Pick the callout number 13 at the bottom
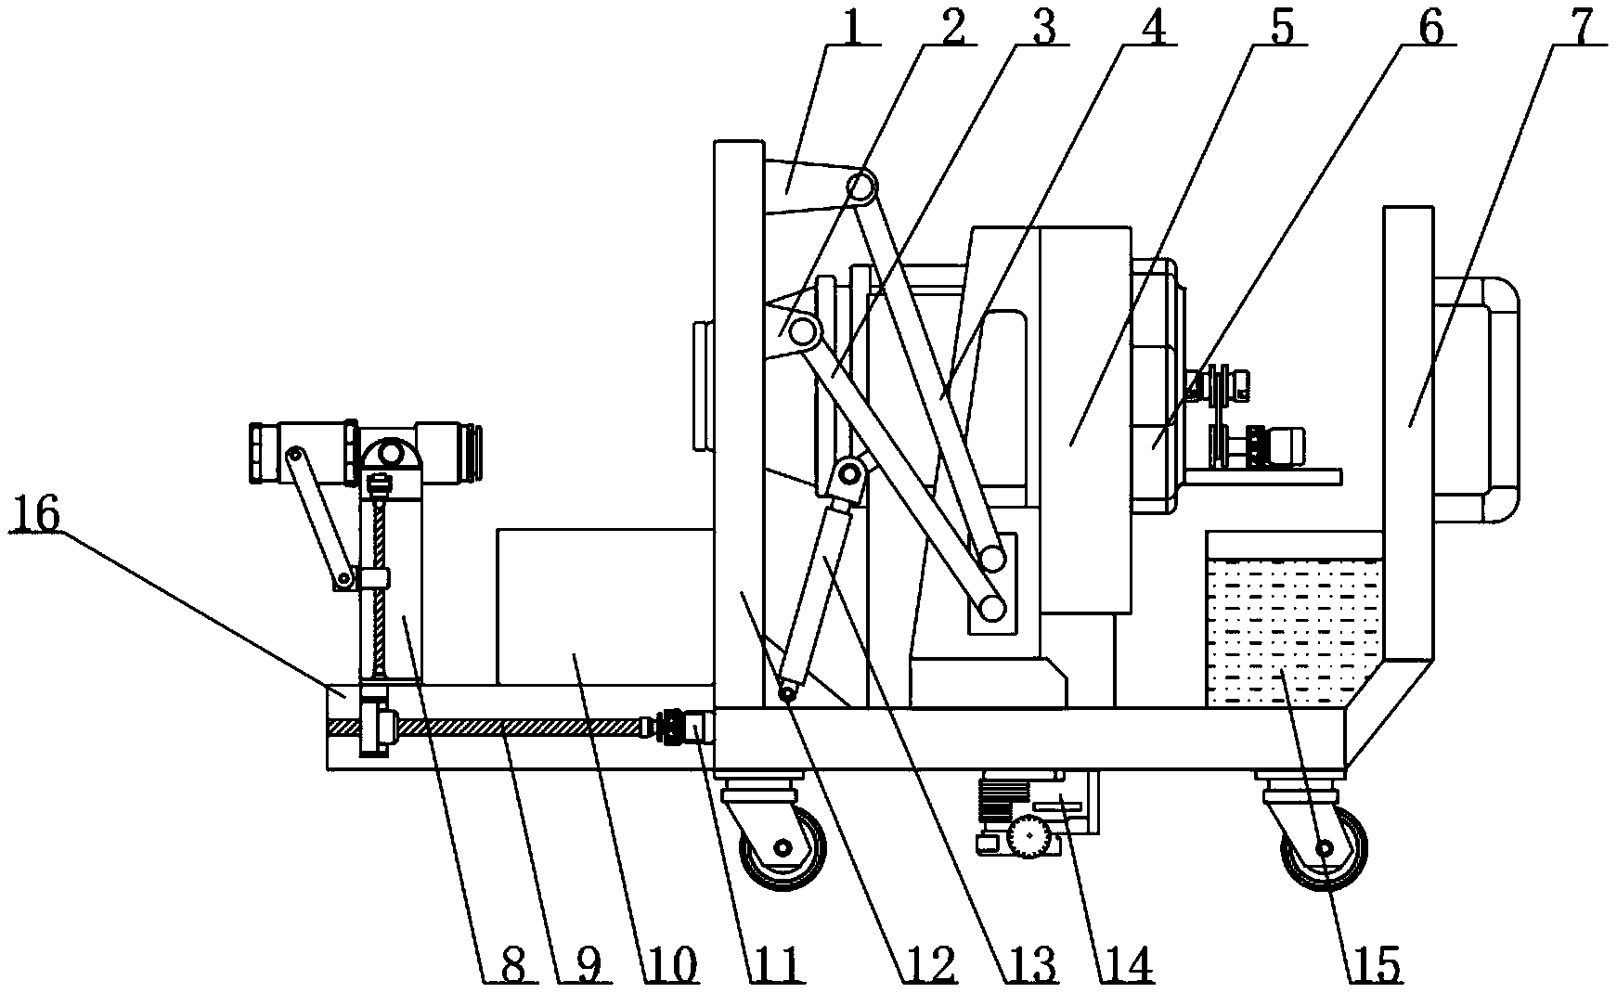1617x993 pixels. [x=1033, y=965]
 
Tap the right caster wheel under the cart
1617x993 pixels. [x=1323, y=847]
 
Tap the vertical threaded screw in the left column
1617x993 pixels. [x=378, y=585]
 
